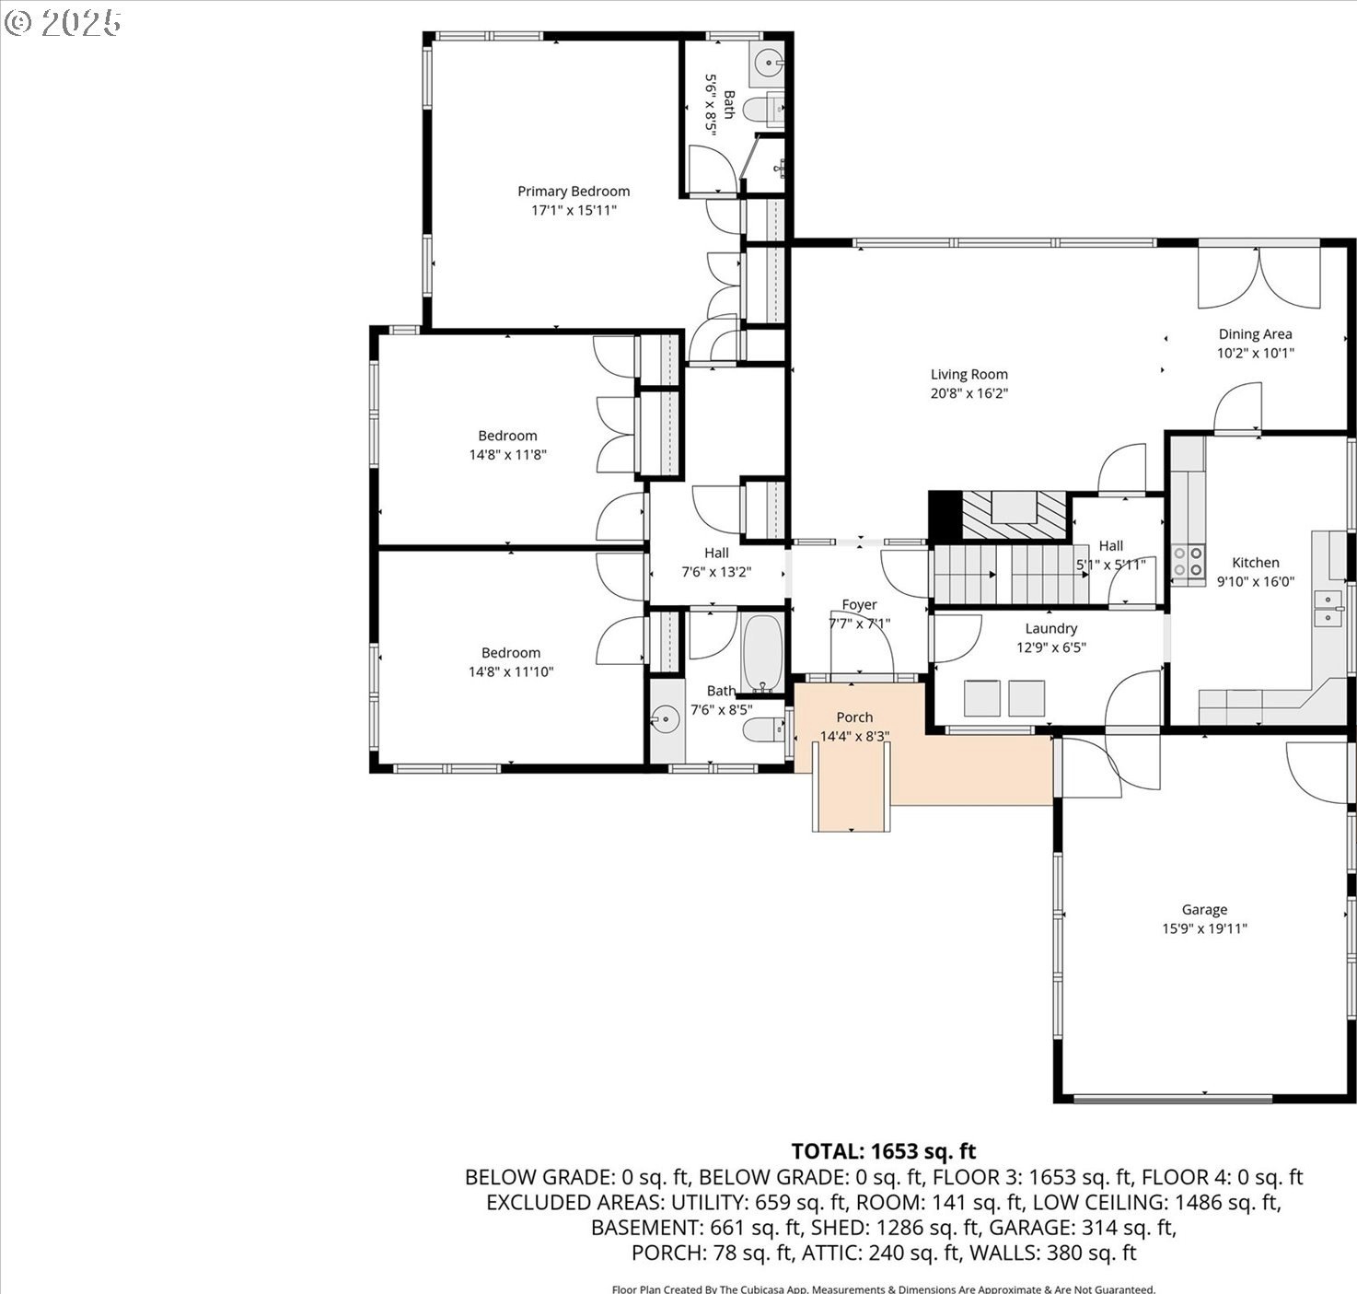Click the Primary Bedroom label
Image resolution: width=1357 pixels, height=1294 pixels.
pos(574,192)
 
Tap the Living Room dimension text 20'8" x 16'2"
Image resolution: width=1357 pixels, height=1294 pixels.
pos(969,393)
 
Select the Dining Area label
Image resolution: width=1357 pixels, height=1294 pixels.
pos(1255,334)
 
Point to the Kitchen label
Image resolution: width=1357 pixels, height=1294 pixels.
pos(1256,563)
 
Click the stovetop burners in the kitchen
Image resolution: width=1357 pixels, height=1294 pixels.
pos(1189,561)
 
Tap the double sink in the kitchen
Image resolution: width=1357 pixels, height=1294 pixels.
pos(1328,609)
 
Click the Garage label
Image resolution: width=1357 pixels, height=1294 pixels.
pos(1204,910)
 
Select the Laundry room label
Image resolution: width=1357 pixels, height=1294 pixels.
pos(1051,628)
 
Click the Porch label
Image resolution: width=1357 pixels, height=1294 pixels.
pos(854,717)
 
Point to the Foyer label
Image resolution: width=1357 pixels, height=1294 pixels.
pos(859,605)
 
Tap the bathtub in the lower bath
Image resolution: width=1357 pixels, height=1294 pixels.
pos(762,652)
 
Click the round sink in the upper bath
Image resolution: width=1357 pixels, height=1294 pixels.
pos(767,63)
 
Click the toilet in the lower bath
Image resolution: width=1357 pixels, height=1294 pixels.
pos(765,729)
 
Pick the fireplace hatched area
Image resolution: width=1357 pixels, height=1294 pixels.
pos(1015,515)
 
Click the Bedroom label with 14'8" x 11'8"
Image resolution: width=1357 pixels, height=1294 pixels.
pos(507,436)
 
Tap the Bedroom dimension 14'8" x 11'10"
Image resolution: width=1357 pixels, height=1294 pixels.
pos(511,671)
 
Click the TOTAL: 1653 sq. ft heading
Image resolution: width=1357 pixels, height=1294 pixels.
pos(884,1151)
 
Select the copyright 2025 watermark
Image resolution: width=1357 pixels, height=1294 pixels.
pos(63,23)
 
